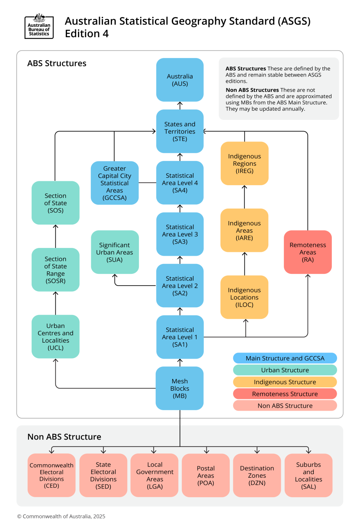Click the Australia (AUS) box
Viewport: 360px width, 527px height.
tap(180, 80)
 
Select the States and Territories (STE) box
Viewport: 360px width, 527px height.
tap(180, 131)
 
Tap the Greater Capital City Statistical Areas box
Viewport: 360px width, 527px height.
tap(115, 183)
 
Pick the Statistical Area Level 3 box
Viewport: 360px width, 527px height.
tap(180, 234)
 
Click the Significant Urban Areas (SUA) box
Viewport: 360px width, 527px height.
tap(115, 252)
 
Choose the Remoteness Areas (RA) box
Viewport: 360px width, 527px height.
tap(308, 252)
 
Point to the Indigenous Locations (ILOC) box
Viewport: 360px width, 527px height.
tap(244, 297)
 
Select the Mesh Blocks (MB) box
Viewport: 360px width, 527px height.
tap(180, 388)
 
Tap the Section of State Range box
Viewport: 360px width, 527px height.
tap(55, 269)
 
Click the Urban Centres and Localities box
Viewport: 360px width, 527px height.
tap(55, 336)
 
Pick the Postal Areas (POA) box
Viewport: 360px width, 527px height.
tap(206, 475)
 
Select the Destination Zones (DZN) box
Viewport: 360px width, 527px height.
tap(257, 475)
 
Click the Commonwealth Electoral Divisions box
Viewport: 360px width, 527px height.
tap(51, 475)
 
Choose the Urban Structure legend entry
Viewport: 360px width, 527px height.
tap(285, 370)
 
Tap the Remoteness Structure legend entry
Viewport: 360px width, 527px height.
tap(285, 394)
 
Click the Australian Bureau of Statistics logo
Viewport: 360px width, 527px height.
tap(39, 26)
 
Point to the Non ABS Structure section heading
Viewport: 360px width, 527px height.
tap(64, 437)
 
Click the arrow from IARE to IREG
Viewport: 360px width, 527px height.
tap(244, 197)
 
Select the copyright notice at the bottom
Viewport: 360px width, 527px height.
tap(61, 516)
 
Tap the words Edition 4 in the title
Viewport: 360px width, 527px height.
tap(87, 34)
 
